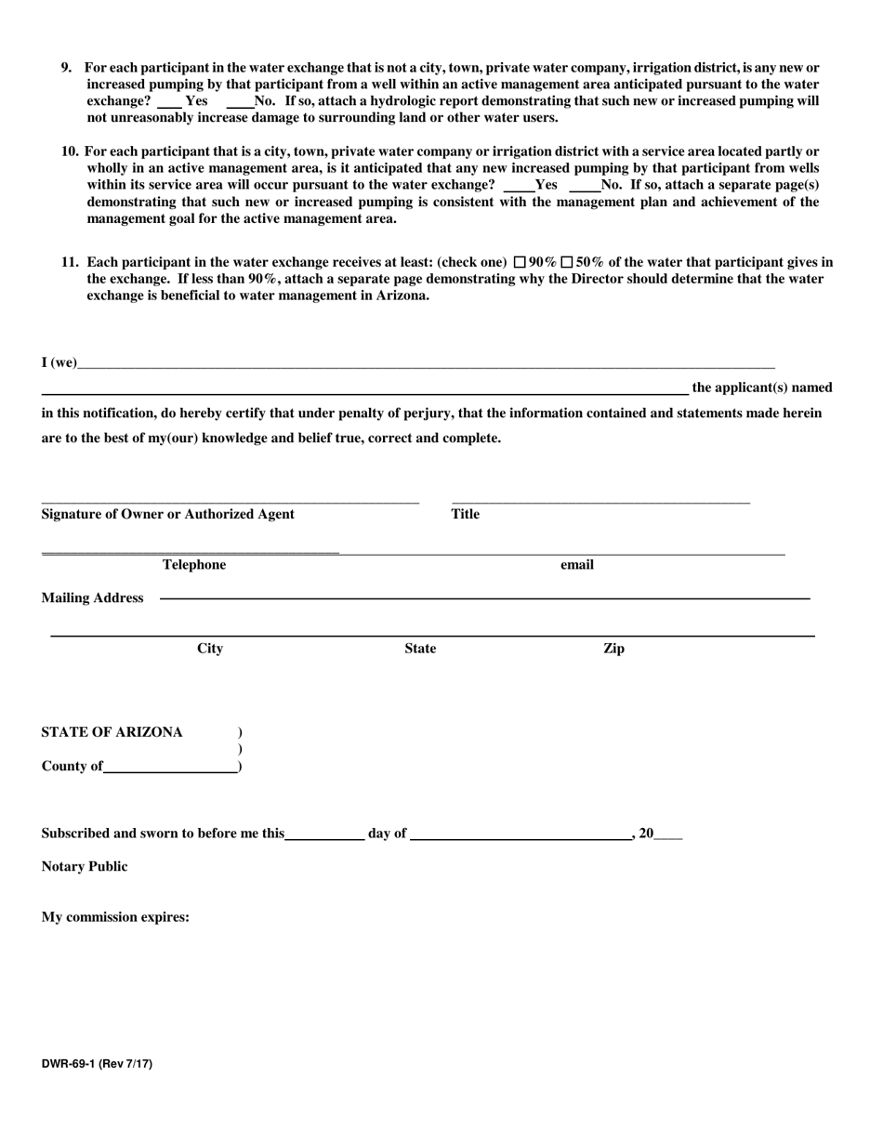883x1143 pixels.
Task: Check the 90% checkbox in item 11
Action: click(x=521, y=263)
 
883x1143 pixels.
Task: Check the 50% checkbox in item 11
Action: click(x=567, y=263)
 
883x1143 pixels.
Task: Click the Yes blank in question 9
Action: click(x=170, y=101)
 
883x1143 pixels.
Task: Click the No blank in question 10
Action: click(x=585, y=185)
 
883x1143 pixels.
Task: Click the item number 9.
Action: click(x=66, y=68)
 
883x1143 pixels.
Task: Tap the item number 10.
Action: click(x=70, y=151)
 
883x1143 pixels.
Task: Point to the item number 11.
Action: click(x=70, y=263)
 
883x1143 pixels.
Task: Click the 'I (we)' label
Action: click(x=59, y=362)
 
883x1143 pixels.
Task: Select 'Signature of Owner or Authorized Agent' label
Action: click(x=168, y=515)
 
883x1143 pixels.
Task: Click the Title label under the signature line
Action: click(x=466, y=515)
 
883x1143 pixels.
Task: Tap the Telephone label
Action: click(x=194, y=565)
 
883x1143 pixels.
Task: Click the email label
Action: click(x=576, y=565)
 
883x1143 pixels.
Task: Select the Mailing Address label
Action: click(x=92, y=598)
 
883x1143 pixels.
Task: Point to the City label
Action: click(x=210, y=649)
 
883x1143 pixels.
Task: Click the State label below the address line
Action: click(x=420, y=649)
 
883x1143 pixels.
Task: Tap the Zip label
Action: click(x=613, y=649)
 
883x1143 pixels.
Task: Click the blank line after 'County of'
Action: click(x=170, y=767)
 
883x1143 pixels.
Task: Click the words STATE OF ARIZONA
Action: click(x=112, y=732)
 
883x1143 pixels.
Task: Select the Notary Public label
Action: click(x=85, y=867)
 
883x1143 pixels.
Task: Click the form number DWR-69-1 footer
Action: click(x=97, y=1064)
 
